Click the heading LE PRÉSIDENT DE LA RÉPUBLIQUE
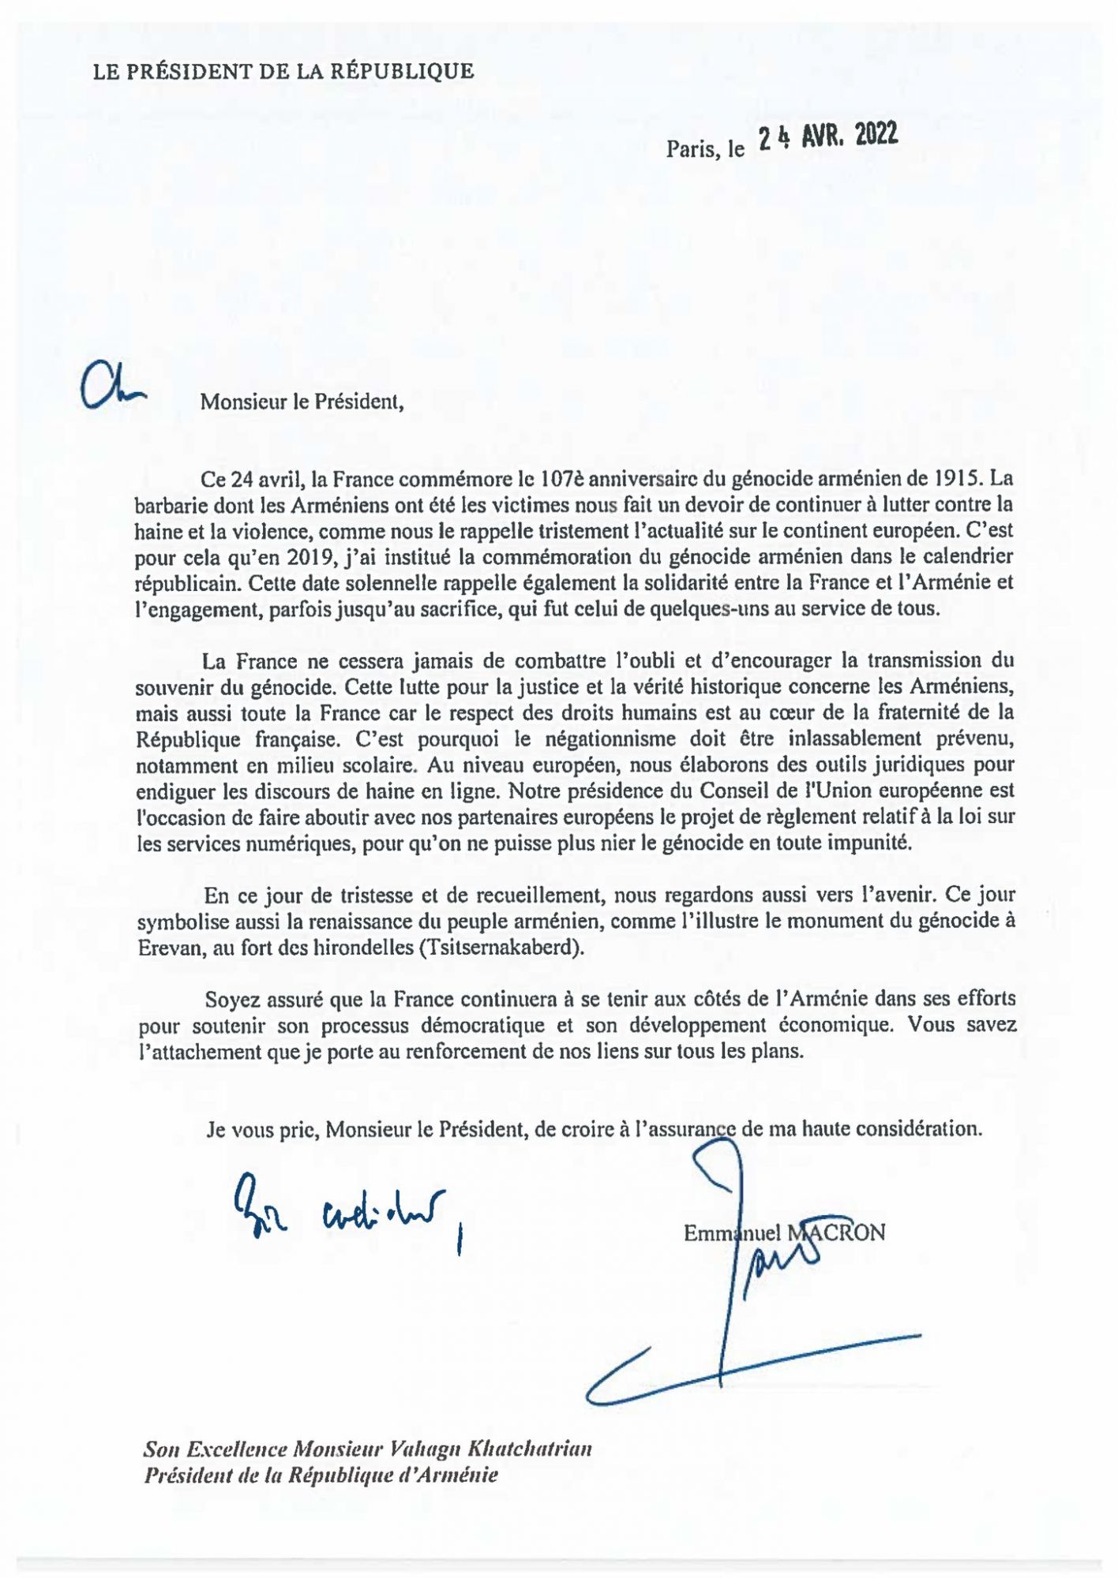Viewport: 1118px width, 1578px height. click(x=283, y=72)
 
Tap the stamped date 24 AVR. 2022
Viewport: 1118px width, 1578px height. click(x=827, y=138)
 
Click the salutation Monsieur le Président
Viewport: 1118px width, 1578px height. click(x=302, y=402)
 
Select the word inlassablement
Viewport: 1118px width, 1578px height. click(x=854, y=739)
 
